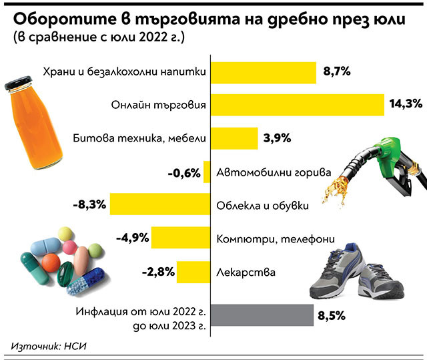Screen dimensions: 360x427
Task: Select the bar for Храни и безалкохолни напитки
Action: tap(262, 71)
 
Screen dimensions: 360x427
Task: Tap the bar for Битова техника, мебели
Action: tap(234, 139)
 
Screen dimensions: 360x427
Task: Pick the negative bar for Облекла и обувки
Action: tap(159, 204)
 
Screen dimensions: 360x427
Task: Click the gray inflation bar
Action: tap(262, 314)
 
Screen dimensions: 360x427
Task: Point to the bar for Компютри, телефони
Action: tap(180, 237)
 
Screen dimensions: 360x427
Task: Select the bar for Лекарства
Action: tap(193, 271)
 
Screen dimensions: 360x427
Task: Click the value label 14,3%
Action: tap(406, 104)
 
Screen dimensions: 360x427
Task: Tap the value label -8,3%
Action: tap(90, 204)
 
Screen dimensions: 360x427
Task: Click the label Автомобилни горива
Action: tap(274, 173)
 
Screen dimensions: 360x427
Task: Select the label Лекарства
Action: tap(246, 272)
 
